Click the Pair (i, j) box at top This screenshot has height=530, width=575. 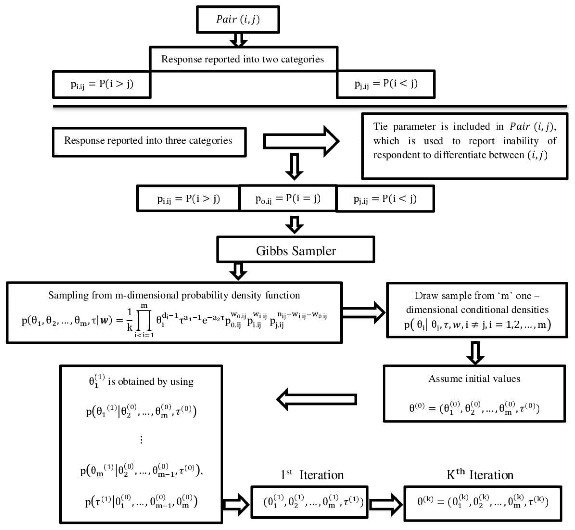point(238,19)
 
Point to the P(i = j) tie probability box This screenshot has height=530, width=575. point(288,198)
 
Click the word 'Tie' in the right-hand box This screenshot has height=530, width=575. point(380,127)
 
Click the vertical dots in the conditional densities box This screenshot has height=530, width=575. point(141,440)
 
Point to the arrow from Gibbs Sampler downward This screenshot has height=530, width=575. point(238,271)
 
